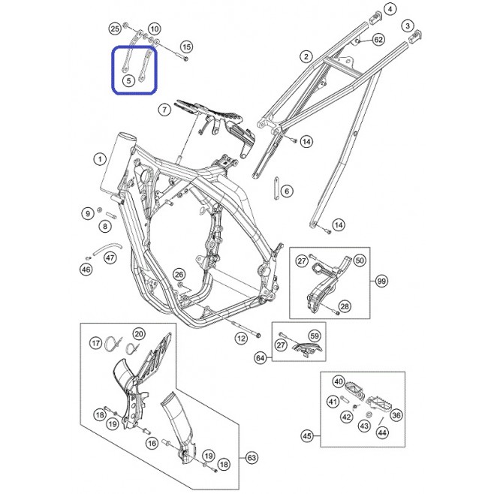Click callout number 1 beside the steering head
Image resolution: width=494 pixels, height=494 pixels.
coord(100,159)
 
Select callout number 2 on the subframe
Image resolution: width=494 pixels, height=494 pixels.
coord(306,57)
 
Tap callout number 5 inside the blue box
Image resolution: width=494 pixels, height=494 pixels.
coord(128,80)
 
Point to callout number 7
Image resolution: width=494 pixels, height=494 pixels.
coord(164,110)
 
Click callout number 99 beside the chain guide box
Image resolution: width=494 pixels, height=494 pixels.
coord(381,281)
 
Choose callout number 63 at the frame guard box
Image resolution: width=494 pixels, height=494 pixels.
coord(252,457)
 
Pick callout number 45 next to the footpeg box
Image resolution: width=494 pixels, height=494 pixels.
coord(306,436)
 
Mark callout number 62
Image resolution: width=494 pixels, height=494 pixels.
coord(378,40)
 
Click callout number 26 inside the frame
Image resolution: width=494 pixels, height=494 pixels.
coord(179,275)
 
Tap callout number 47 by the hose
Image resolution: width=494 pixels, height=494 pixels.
coord(110,258)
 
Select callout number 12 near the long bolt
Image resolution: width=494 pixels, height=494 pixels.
coord(241,339)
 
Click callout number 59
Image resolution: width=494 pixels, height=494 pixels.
coord(315,336)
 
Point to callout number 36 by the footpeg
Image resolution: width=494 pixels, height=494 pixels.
coord(396,415)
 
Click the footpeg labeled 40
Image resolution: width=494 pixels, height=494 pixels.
coord(355,390)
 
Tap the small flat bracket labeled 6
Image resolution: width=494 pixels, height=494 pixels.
coord(276,188)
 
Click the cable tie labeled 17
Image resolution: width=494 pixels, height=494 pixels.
coord(113,344)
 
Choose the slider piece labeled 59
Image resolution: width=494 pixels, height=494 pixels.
coord(307,349)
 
